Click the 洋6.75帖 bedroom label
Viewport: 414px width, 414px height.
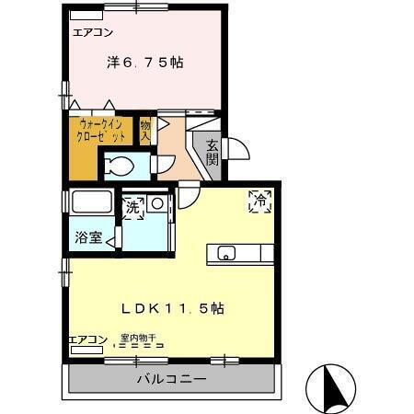(x=144, y=63)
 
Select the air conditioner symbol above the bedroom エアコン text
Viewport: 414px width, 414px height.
(x=86, y=17)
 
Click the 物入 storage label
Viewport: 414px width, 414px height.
(x=145, y=130)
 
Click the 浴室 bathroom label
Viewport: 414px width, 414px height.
(x=88, y=237)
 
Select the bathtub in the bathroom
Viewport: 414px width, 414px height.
(x=90, y=201)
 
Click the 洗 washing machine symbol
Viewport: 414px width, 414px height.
(x=134, y=207)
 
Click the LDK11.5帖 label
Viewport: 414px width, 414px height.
(x=174, y=309)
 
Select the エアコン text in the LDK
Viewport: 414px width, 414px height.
(x=87, y=339)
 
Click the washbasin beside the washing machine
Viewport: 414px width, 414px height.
(x=158, y=203)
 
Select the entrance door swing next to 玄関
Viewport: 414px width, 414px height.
(x=230, y=148)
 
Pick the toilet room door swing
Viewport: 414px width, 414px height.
(x=165, y=165)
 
